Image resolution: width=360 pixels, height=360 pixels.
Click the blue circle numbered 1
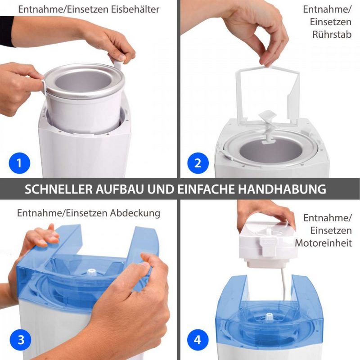click(x=19, y=163)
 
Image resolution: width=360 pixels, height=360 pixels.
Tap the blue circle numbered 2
click(x=198, y=163)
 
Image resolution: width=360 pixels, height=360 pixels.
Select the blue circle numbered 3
click(x=21, y=340)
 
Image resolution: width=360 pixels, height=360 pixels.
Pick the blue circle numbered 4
click(x=198, y=340)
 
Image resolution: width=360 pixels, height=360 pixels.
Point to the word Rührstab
click(x=332, y=35)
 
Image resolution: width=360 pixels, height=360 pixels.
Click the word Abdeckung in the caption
click(x=135, y=213)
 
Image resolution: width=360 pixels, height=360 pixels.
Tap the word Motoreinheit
click(x=323, y=243)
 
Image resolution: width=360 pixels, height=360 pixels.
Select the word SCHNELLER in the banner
click(x=58, y=189)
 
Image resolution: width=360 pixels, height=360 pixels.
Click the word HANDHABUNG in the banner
click(x=282, y=189)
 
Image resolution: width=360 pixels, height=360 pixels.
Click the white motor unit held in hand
click(x=266, y=243)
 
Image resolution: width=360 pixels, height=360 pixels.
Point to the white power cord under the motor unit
click(x=284, y=283)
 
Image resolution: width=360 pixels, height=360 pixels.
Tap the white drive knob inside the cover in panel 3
click(x=91, y=273)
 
